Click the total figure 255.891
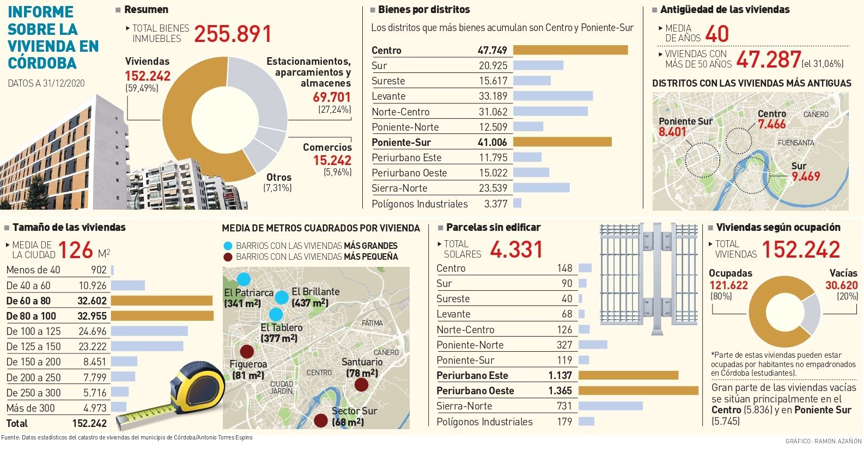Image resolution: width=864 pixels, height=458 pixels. tap(233, 34)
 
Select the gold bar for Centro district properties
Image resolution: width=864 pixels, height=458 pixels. tap(570, 50)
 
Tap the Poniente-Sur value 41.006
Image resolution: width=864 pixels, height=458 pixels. tap(492, 142)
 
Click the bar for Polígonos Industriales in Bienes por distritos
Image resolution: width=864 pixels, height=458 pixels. tap(517, 203)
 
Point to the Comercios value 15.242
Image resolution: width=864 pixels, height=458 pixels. tap(332, 160)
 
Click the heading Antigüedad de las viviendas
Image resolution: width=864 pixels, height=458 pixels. tap(725, 9)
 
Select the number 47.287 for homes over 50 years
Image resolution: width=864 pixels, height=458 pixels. tap(768, 59)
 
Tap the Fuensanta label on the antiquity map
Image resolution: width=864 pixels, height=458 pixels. tap(796, 143)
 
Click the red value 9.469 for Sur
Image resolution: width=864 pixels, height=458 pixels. tap(806, 176)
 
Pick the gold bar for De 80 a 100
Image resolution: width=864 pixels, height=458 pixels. tap(162, 316)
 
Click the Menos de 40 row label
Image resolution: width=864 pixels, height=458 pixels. tap(33, 270)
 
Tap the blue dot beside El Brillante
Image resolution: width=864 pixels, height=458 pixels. tap(282, 297)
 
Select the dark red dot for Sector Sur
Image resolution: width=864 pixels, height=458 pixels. tap(321, 420)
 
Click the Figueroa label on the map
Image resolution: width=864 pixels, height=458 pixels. tap(248, 364)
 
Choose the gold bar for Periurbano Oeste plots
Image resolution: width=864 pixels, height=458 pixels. tap(638, 390)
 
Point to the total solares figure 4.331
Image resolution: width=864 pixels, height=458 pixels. tap(516, 250)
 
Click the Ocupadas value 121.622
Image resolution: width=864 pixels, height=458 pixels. tap(728, 285)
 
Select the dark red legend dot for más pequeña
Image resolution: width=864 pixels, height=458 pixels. tap(228, 257)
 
